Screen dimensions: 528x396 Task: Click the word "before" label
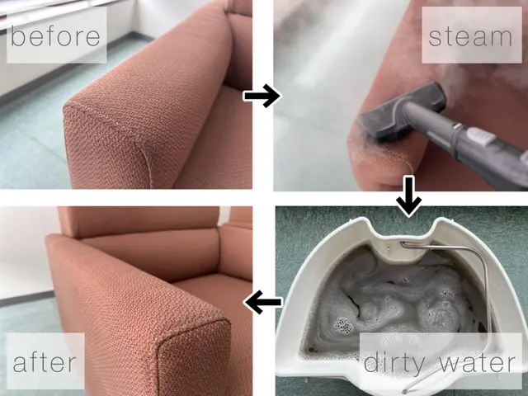(55, 35)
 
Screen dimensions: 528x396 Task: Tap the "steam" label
(470, 36)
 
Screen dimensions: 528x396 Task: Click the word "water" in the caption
(478, 362)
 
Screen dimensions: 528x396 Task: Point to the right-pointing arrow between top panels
(262, 96)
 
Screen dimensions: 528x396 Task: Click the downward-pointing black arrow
(409, 196)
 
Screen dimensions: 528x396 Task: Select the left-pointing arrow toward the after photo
(262, 302)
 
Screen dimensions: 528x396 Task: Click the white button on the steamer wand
(482, 136)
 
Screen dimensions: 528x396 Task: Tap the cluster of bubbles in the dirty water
(343, 326)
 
